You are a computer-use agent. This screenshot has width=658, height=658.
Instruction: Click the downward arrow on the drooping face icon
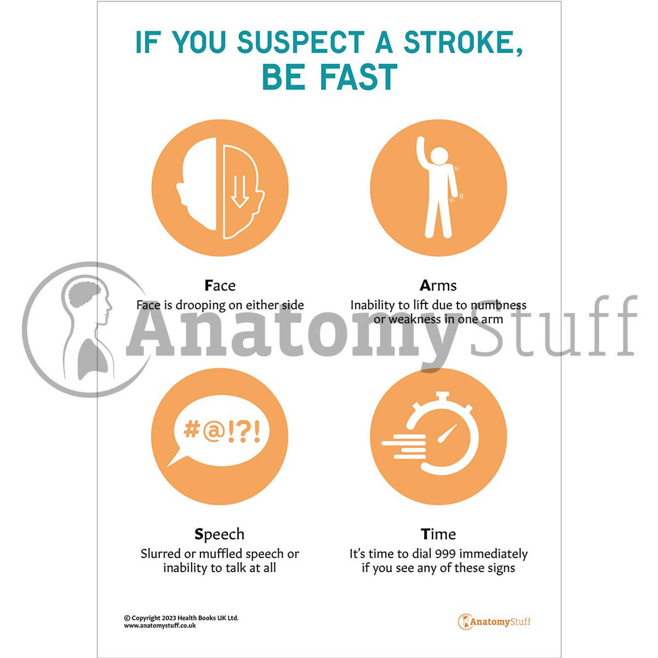pos(240,192)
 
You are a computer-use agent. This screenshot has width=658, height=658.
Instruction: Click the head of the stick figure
pos(439,157)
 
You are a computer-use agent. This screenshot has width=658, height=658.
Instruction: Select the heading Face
pos(220,285)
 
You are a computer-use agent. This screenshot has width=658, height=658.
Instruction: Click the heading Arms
pos(438,285)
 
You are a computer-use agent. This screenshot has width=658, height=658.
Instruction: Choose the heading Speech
pos(220,534)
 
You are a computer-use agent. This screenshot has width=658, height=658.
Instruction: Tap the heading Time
pos(438,534)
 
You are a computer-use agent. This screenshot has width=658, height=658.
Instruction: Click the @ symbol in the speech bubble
pos(214,431)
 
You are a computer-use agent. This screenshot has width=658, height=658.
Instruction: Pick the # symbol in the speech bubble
pos(191,429)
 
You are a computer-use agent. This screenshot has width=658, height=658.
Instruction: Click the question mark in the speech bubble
pos(243,431)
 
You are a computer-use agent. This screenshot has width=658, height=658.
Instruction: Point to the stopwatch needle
pos(448,434)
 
